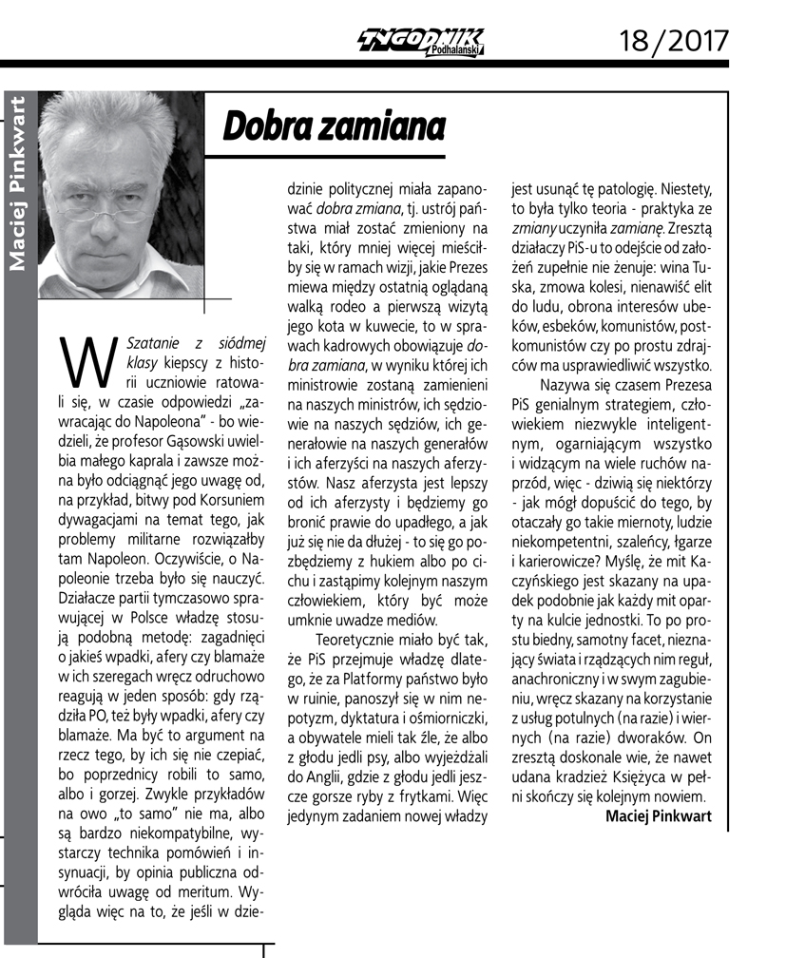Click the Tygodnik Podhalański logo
tap(419, 39)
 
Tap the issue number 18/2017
tap(674, 40)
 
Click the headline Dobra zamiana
tap(334, 125)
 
